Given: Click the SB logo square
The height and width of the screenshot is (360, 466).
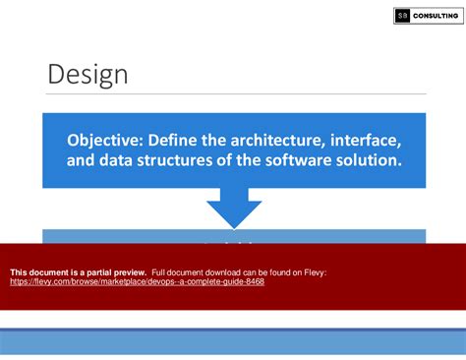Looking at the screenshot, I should [x=402, y=16].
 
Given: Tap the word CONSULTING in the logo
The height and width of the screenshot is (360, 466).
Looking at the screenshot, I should [x=436, y=16].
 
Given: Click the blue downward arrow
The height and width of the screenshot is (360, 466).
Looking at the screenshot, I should [x=234, y=209].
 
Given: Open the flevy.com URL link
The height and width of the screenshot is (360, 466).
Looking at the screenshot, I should [x=137, y=281].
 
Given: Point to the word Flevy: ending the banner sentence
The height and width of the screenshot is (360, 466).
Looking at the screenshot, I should [x=313, y=271].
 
